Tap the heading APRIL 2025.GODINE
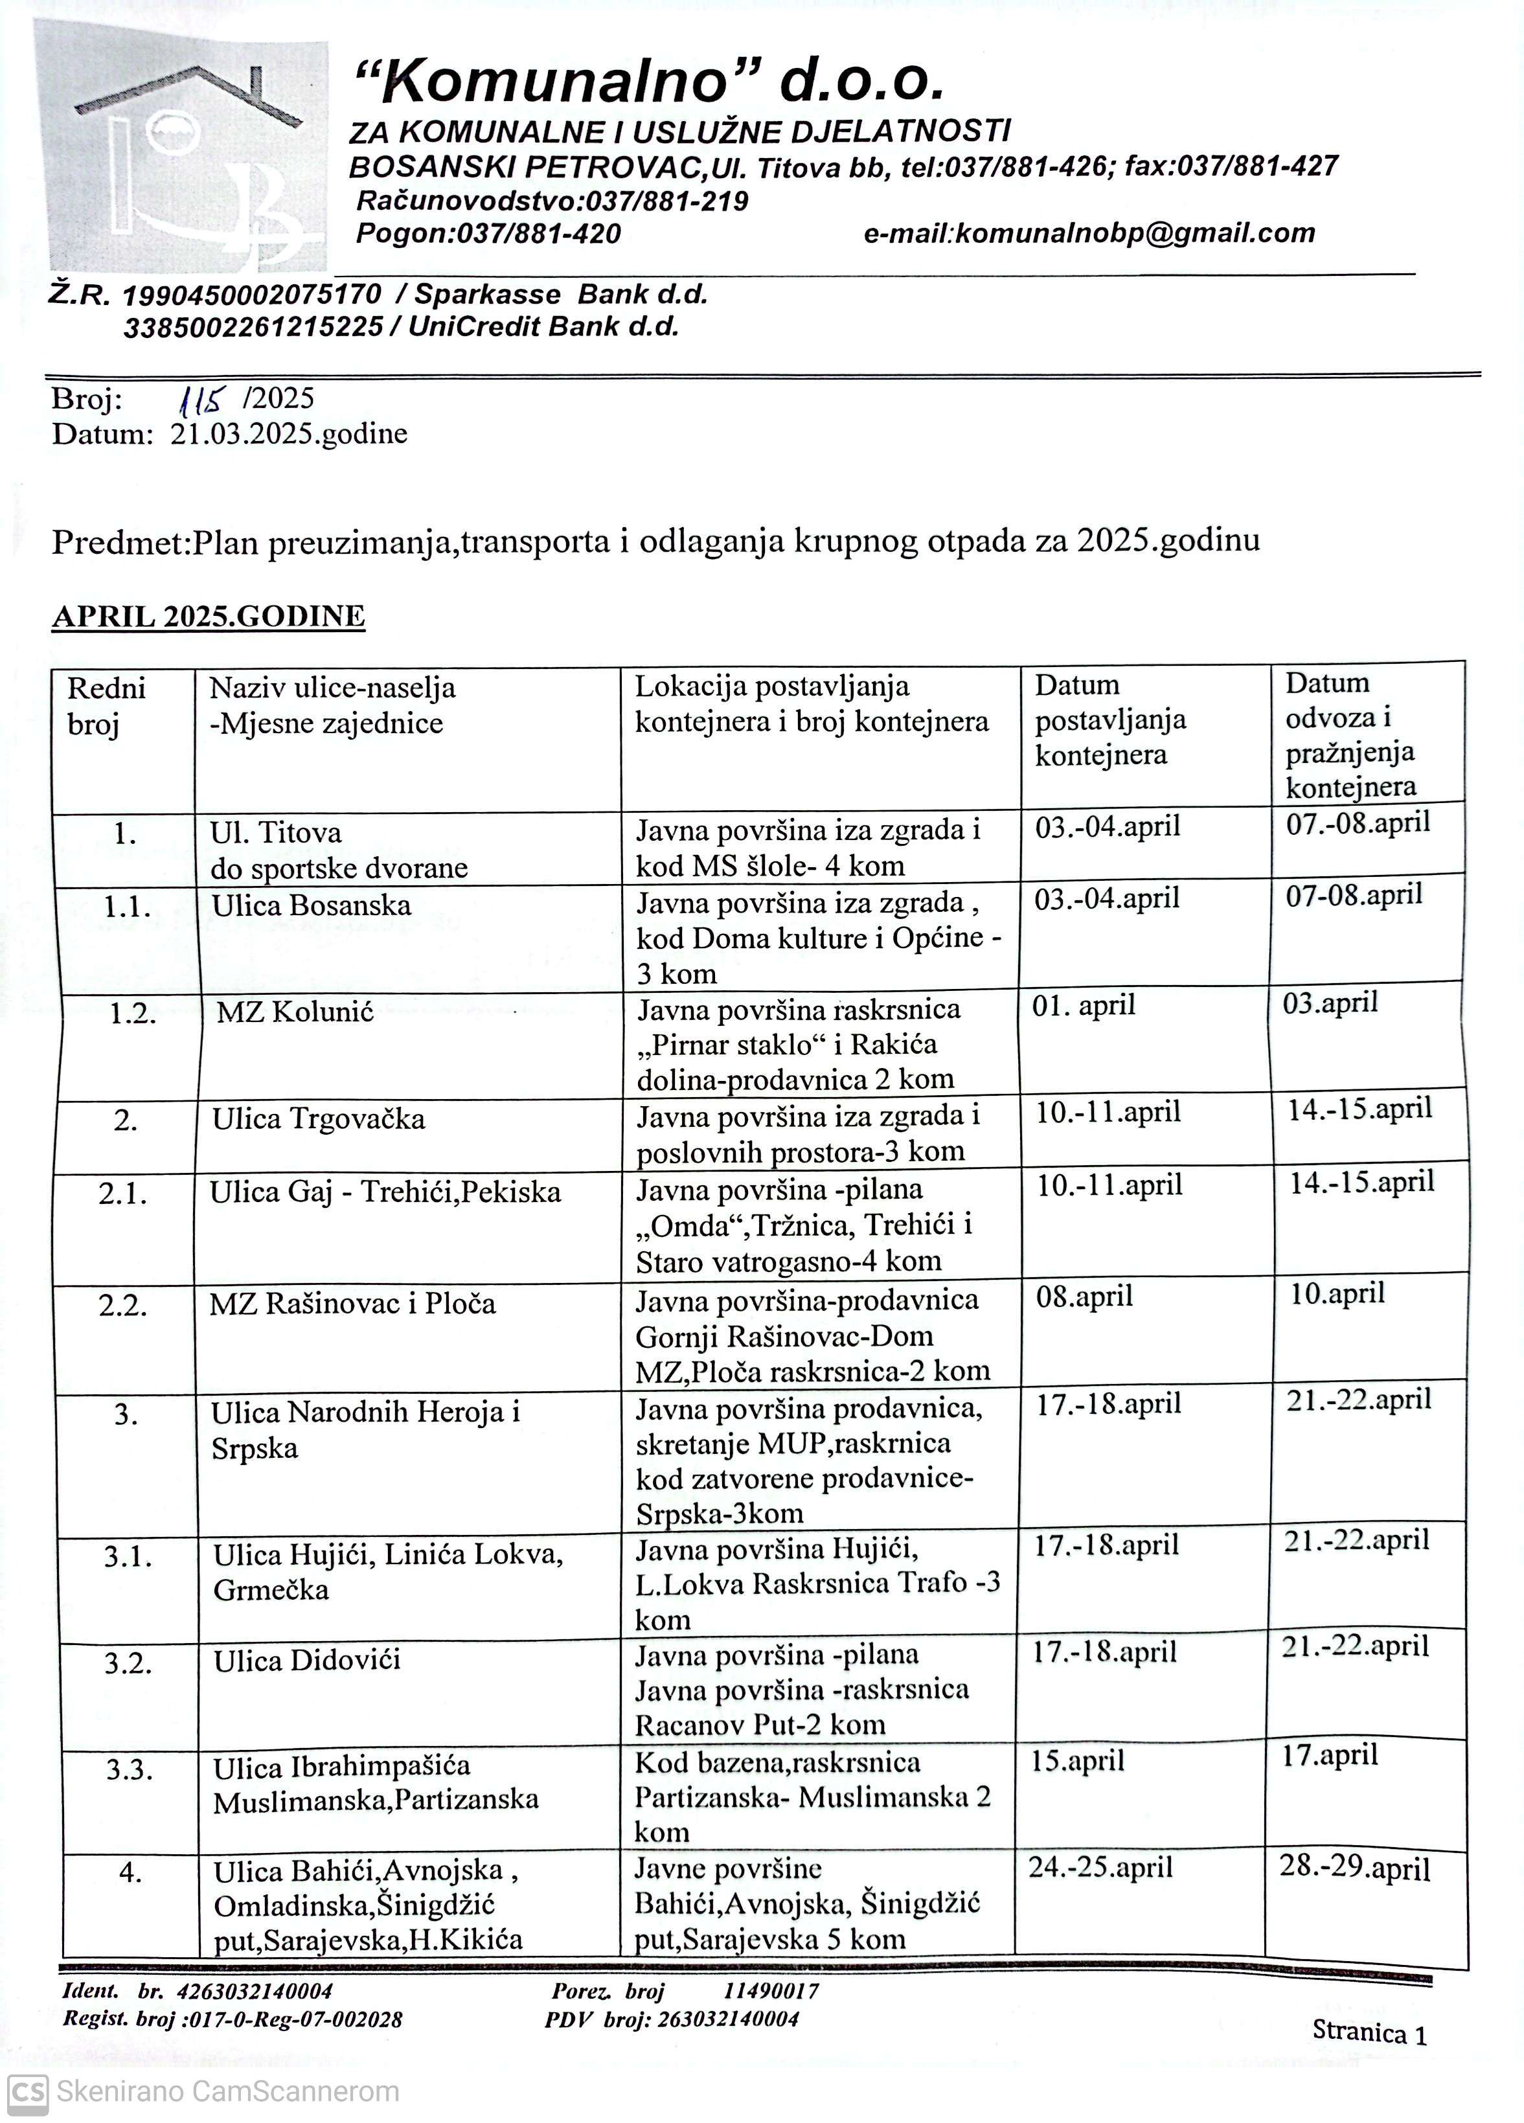[208, 616]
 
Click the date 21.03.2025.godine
[288, 433]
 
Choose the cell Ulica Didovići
[307, 1661]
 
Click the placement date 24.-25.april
[1101, 1867]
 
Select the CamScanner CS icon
[27, 2091]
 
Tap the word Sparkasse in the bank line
[488, 294]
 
